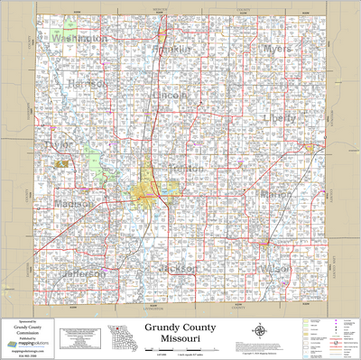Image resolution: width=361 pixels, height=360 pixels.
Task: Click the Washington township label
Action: (79, 40)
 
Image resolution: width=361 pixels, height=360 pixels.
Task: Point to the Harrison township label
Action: (88, 84)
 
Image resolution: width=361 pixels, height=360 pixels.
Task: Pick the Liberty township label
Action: (279, 117)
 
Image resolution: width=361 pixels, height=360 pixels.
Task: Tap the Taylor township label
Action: (59, 144)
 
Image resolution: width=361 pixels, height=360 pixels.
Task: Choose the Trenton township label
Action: (185, 169)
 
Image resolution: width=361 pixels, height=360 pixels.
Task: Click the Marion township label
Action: (275, 194)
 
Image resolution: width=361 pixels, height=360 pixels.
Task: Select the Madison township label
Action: (72, 203)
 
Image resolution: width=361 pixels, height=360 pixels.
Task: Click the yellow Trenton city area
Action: (144, 190)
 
